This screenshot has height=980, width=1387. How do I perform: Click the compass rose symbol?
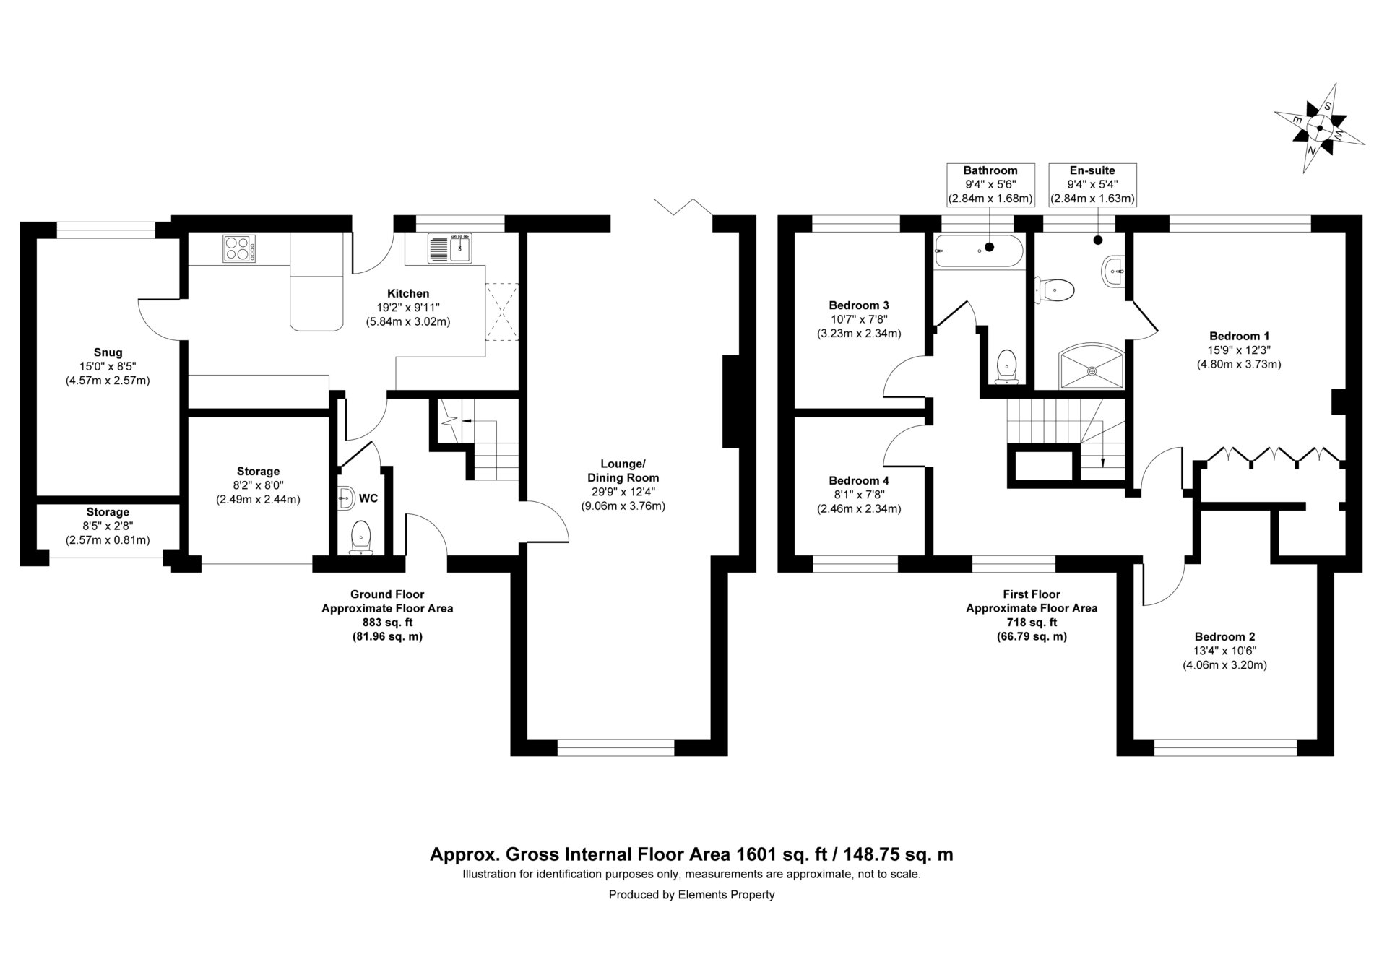pyautogui.click(x=1319, y=129)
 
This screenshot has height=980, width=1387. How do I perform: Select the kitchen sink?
pyautogui.click(x=449, y=248)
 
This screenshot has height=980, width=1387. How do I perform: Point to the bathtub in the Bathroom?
pyautogui.click(x=979, y=251)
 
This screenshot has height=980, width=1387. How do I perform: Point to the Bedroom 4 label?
pyautogui.click(x=859, y=481)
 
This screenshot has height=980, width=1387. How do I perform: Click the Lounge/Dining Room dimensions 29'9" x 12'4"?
pyautogui.click(x=623, y=492)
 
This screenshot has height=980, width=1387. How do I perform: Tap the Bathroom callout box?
pyautogui.click(x=990, y=184)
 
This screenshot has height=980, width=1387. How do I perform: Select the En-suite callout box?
pyautogui.click(x=1092, y=184)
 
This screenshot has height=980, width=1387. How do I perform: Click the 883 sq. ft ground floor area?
pyautogui.click(x=386, y=623)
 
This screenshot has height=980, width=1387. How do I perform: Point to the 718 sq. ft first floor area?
pyautogui.click(x=1032, y=623)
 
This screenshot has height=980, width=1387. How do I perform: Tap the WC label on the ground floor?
pyautogui.click(x=368, y=498)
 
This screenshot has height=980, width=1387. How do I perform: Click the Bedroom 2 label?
pyautogui.click(x=1224, y=637)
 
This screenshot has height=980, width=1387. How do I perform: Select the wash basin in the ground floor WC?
pyautogui.click(x=346, y=496)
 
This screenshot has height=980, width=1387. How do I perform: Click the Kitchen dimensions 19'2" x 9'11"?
pyautogui.click(x=408, y=308)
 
